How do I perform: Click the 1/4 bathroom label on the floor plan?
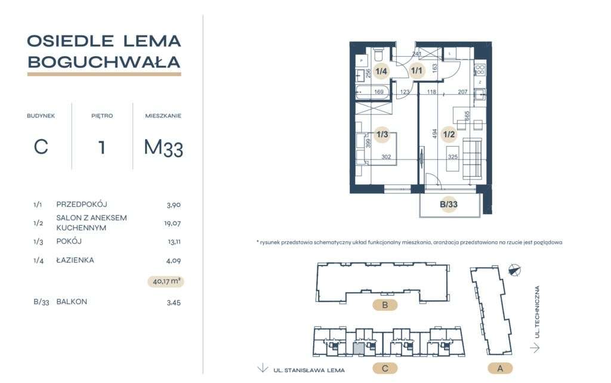(x=381, y=72)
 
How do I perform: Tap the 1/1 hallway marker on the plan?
(x=416, y=72)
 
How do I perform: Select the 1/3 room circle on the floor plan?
(x=382, y=134)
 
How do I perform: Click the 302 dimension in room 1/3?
(x=386, y=158)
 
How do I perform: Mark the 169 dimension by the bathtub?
(x=378, y=92)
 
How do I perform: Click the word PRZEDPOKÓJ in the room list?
(x=81, y=204)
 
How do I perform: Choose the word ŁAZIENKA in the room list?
(x=75, y=260)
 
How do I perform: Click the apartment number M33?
(x=163, y=147)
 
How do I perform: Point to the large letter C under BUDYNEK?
(x=41, y=146)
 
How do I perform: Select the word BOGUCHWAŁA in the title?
(x=104, y=61)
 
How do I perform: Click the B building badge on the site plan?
(x=385, y=306)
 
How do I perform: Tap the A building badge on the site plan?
(x=500, y=368)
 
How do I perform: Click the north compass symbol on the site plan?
(x=514, y=270)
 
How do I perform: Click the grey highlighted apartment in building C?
(x=358, y=348)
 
